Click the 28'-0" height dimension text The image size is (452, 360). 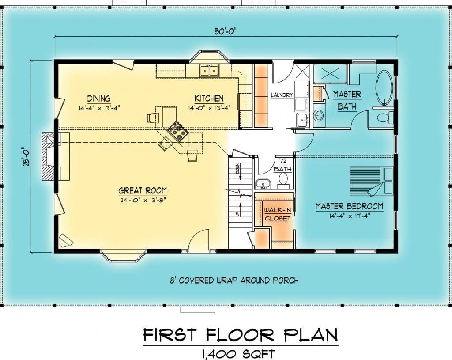pyautogui.click(x=27, y=157)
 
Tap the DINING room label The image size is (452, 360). pyautogui.click(x=99, y=99)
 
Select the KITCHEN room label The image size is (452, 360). pyautogui.click(x=209, y=99)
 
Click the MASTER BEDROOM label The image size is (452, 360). pyautogui.click(x=350, y=206)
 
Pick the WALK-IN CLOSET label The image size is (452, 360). pyautogui.click(x=278, y=214)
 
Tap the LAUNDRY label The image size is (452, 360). pyautogui.click(x=282, y=95)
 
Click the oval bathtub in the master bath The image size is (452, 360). pyautogui.click(x=384, y=87)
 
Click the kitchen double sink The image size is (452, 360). pyautogui.click(x=209, y=70)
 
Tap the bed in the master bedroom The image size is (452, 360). pyautogui.click(x=371, y=181)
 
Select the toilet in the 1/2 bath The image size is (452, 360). pyautogui.click(x=283, y=180)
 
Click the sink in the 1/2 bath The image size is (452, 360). pyautogui.click(x=263, y=184)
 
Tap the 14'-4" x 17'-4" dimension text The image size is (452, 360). pyautogui.click(x=350, y=216)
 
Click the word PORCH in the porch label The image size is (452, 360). pyautogui.click(x=285, y=280)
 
